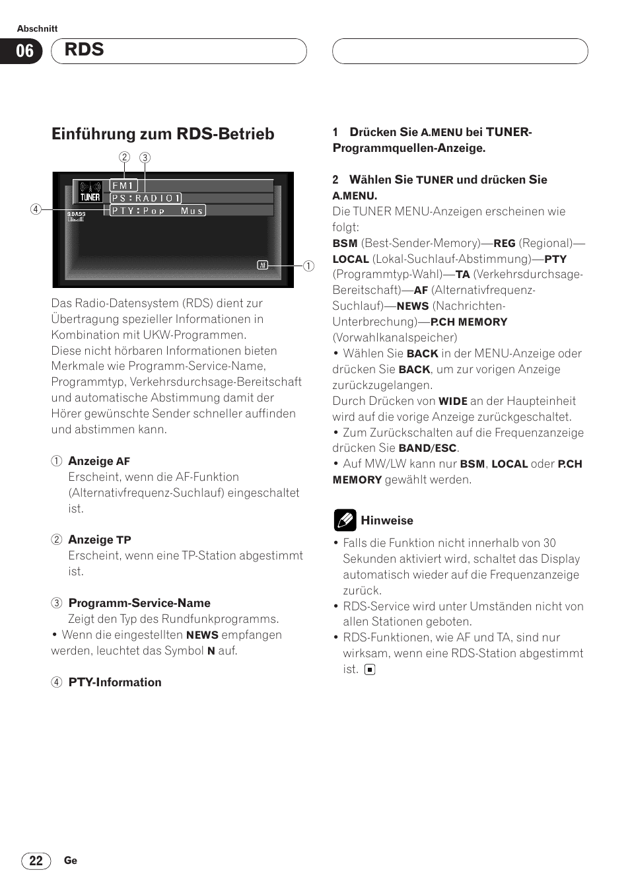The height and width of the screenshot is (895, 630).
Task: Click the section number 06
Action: click(x=24, y=51)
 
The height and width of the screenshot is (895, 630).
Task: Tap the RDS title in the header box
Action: click(x=85, y=50)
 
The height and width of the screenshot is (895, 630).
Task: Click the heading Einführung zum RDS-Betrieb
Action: click(x=162, y=134)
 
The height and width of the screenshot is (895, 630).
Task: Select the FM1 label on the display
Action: click(x=123, y=186)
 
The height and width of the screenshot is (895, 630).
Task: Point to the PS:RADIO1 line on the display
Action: click(x=145, y=198)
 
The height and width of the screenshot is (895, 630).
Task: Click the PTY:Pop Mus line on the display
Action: click(x=157, y=211)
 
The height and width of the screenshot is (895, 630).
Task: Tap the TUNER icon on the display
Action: click(x=90, y=192)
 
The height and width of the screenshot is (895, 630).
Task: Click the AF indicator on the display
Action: click(x=262, y=265)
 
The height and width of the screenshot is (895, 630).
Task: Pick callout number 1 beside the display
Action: click(x=308, y=266)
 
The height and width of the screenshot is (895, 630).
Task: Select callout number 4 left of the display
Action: click(x=36, y=209)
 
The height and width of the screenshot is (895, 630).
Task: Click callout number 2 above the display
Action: click(x=124, y=157)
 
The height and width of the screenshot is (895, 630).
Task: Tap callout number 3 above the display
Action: click(x=145, y=157)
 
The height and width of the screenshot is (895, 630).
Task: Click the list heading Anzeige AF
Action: click(x=99, y=461)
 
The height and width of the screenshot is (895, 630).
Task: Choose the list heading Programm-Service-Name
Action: click(x=139, y=603)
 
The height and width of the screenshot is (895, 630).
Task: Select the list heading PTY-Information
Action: click(x=115, y=682)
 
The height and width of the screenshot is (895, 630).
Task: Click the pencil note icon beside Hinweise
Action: click(x=345, y=520)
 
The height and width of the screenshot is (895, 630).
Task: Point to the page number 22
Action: click(x=36, y=861)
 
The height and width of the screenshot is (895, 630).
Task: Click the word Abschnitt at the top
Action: click(x=37, y=28)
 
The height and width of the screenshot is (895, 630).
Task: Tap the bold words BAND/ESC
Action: click(x=427, y=448)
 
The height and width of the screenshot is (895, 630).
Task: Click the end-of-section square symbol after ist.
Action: click(x=370, y=669)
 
